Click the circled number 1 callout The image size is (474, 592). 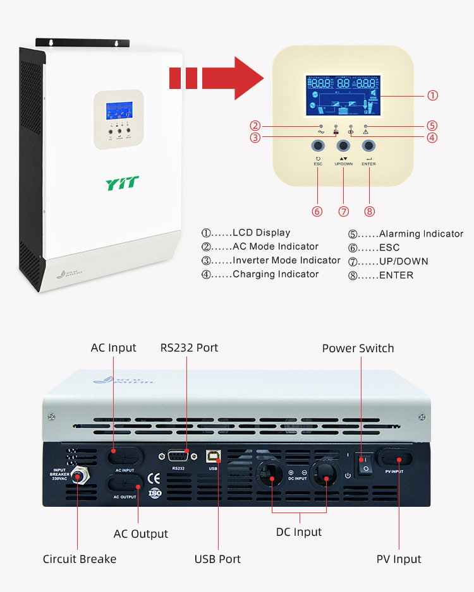[432, 95]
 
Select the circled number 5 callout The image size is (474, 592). [432, 126]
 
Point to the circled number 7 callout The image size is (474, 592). [343, 211]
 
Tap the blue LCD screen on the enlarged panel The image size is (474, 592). [343, 96]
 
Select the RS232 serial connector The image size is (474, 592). [179, 457]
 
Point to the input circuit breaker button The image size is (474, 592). [78, 477]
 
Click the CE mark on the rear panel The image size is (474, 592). [153, 478]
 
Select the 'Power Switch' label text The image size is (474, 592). [358, 348]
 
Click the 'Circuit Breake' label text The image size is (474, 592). [80, 559]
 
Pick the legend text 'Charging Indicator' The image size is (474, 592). [276, 275]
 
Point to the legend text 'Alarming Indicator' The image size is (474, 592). [421, 234]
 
